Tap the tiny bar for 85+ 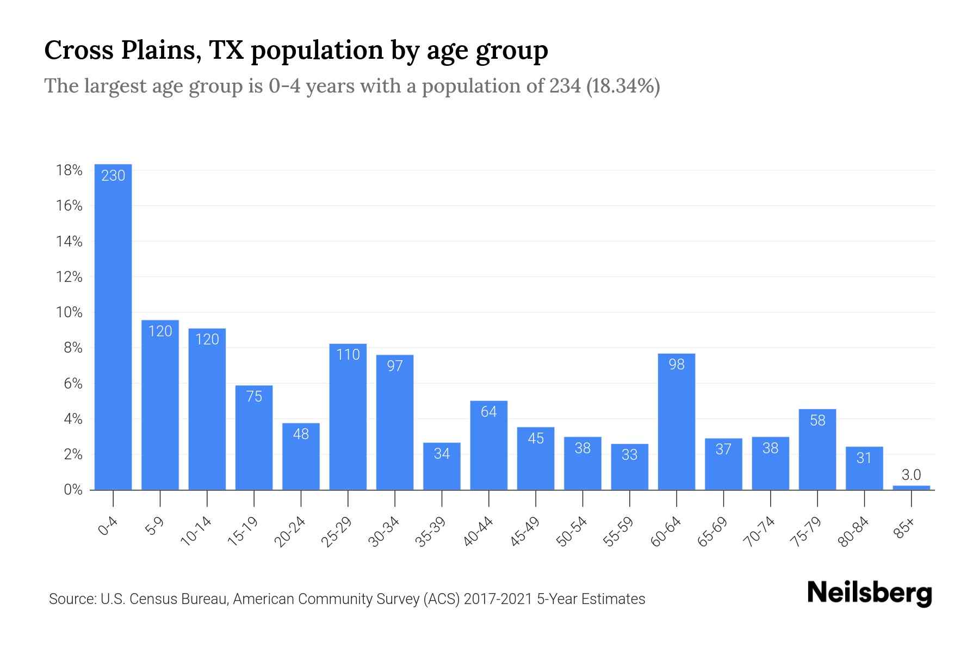coord(911,488)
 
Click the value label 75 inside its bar coord(254,396)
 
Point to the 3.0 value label coord(911,475)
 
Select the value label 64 coord(488,412)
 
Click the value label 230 coord(113,175)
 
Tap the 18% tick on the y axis coord(69,170)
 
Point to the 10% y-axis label coord(69,312)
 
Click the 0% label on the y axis coord(73,490)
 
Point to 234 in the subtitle coord(565,86)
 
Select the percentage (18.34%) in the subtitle coord(623,86)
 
